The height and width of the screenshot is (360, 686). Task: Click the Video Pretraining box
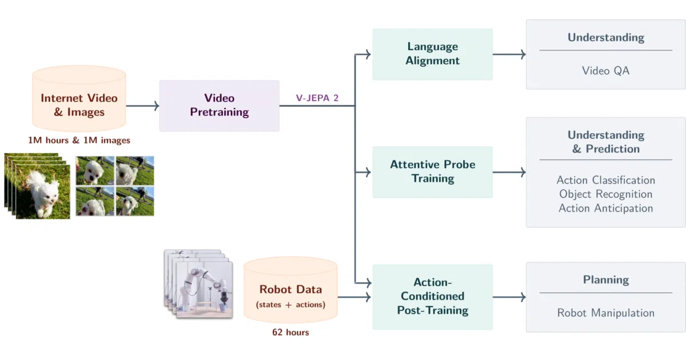(x=220, y=106)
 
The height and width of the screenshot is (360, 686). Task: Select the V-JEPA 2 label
(x=317, y=98)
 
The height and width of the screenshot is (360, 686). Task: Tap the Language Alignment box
(x=432, y=54)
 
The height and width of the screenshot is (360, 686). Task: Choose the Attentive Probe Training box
(x=432, y=172)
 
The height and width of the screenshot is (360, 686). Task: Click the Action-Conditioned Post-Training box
(x=432, y=297)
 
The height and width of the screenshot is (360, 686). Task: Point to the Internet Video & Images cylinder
(x=79, y=98)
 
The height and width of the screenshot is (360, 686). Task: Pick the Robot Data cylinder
(x=290, y=290)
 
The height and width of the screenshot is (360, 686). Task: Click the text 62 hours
(x=290, y=332)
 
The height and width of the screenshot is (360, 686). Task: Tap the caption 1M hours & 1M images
(x=79, y=140)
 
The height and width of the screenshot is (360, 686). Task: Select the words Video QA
(x=606, y=71)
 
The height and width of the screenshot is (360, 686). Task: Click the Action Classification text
(x=606, y=180)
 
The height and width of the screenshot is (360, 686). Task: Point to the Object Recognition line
(x=606, y=194)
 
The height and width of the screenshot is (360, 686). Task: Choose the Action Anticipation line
(x=606, y=208)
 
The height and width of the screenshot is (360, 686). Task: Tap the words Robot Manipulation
(x=606, y=313)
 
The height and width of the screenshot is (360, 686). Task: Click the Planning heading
(x=606, y=280)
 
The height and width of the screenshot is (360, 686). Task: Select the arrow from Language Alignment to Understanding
(x=509, y=54)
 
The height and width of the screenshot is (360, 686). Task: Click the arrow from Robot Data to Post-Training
(x=354, y=297)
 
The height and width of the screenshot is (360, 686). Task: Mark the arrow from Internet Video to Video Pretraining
(x=143, y=106)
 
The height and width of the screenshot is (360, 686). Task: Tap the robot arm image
(x=198, y=284)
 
